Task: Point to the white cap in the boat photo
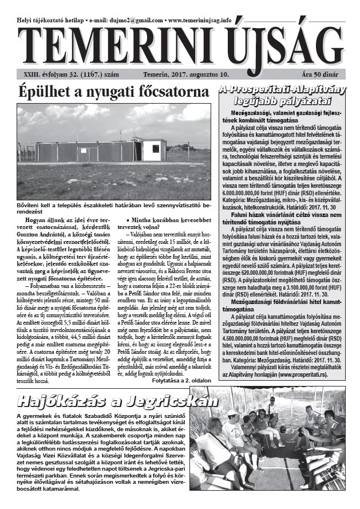point(232,412)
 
